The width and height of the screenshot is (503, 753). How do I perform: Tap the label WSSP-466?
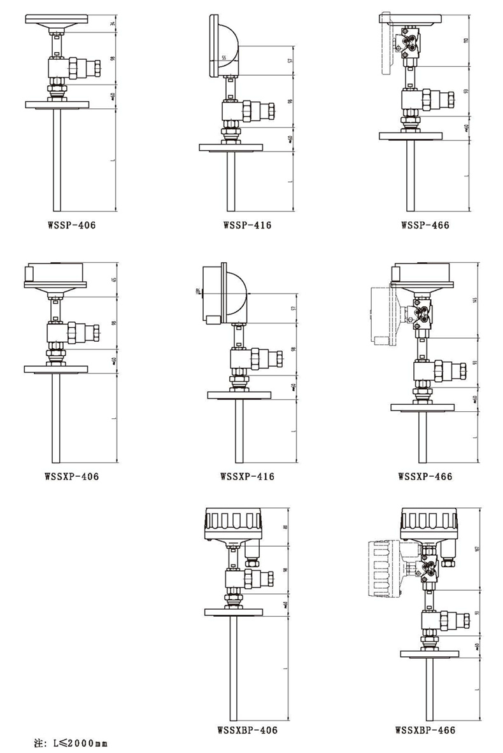point(425,225)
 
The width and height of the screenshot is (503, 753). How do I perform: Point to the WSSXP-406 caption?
point(71,475)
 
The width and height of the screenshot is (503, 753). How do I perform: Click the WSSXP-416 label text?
point(247,475)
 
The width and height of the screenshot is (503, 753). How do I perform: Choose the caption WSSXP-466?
point(425,475)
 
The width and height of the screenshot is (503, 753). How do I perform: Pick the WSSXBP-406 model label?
point(247,730)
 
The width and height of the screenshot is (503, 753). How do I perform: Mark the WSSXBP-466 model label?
point(425,730)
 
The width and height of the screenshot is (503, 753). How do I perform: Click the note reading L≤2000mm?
point(70,743)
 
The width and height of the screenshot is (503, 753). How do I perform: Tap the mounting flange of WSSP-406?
point(57,104)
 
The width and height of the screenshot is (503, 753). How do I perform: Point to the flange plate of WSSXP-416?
point(239,395)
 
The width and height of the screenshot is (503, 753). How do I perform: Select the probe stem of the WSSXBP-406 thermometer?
point(234,668)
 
